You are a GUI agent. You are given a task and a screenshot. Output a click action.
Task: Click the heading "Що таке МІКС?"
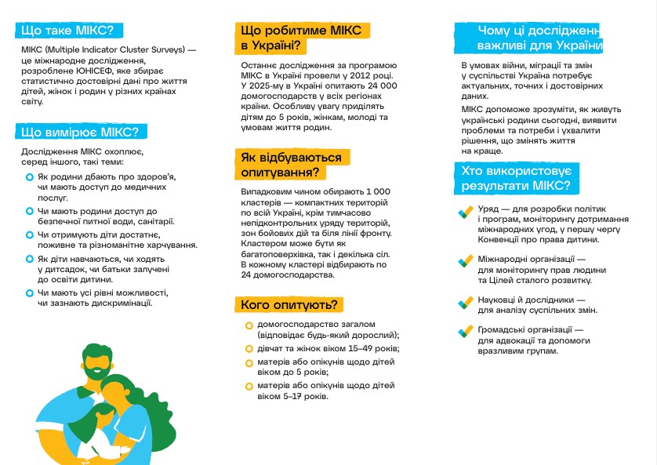[67, 31]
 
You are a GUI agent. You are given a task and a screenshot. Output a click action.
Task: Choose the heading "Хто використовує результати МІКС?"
[517, 178]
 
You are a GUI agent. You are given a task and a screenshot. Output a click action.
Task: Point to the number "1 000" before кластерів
[376, 192]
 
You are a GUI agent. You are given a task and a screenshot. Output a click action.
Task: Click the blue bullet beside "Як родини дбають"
[29, 178]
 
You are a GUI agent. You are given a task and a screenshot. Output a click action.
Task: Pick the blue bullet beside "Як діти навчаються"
[29, 257]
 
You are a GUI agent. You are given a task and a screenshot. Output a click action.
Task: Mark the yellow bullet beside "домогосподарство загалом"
[249, 325]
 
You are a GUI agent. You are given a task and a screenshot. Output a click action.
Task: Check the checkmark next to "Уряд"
[463, 211]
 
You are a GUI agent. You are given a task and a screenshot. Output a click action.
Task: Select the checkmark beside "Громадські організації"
[463, 332]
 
